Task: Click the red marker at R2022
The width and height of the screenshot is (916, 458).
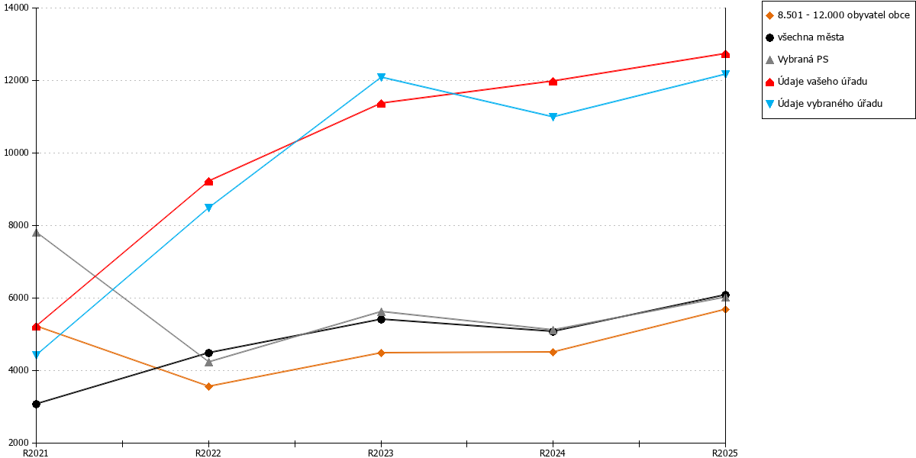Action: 208,182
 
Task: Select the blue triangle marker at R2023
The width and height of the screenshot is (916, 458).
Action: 381,77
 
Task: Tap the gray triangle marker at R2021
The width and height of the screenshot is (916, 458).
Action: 36,233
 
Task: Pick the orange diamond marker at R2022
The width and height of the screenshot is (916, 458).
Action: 208,386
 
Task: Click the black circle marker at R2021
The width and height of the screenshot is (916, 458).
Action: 36,404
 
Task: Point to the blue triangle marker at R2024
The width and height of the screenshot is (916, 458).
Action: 553,117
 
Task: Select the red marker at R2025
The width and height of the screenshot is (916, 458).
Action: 725,54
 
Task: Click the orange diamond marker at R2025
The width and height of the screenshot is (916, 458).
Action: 725,310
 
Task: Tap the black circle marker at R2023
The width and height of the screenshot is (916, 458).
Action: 381,319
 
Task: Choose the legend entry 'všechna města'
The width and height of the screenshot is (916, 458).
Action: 805,37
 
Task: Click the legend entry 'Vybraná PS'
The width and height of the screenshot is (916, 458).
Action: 797,60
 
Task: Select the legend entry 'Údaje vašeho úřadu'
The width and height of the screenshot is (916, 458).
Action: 816,82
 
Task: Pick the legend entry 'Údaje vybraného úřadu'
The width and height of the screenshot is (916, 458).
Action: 824,104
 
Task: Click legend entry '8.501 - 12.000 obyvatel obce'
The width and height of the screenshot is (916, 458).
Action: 838,15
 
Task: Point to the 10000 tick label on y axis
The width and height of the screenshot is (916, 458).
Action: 16,153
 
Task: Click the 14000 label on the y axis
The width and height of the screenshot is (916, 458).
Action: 16,8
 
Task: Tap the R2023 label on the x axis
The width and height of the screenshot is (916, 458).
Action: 381,453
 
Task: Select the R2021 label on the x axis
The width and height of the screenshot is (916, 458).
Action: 36,453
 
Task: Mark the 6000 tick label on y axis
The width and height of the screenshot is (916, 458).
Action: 19,298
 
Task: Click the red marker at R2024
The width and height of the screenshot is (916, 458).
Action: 553,82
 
